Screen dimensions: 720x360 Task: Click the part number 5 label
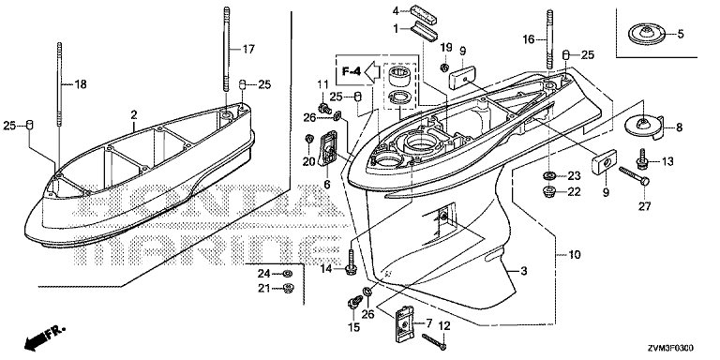681,34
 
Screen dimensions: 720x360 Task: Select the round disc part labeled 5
645,35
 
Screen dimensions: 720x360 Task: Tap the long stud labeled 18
60,84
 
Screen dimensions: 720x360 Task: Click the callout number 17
248,49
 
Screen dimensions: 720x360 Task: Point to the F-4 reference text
352,71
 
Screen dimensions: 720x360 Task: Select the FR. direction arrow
45,337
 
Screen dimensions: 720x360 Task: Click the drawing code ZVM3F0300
672,349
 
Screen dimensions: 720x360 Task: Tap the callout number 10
575,254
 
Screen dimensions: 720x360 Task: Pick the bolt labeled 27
634,175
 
